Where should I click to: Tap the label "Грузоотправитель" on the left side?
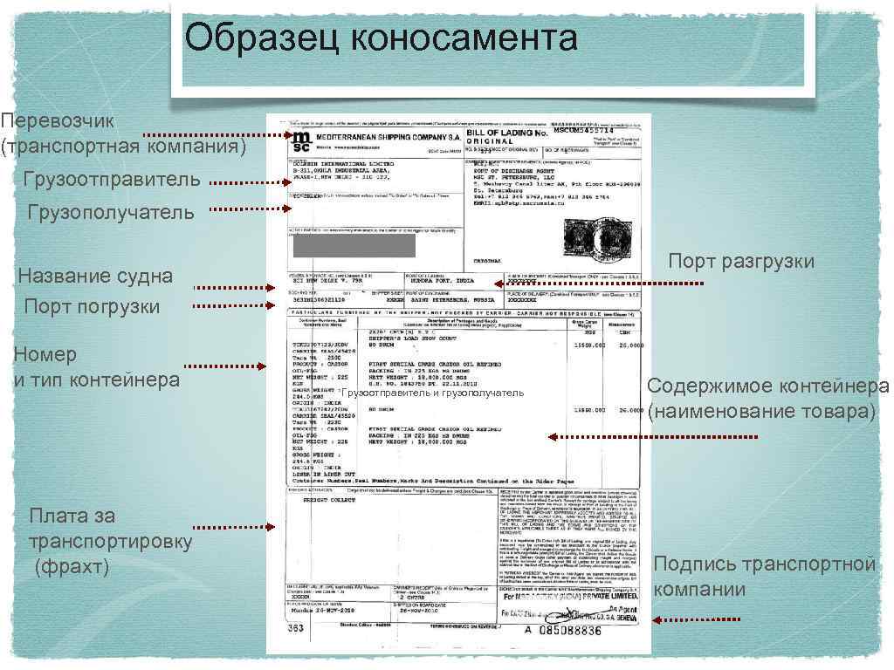112,181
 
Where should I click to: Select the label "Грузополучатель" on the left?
111,212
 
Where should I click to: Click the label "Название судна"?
95,277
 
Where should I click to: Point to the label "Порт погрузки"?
93,306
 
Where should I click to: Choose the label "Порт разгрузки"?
741,261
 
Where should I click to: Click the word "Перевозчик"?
58,120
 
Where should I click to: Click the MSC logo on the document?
300,140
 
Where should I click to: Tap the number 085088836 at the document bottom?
570,630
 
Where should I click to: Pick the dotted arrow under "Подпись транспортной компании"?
698,620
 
